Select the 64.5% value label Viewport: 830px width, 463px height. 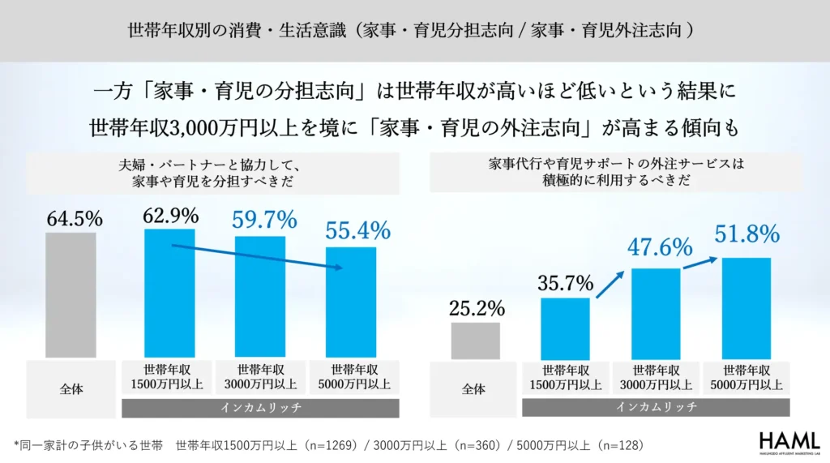pyautogui.click(x=75, y=219)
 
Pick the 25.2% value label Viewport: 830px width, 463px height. pyautogui.click(x=476, y=308)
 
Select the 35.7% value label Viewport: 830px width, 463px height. pyautogui.click(x=565, y=283)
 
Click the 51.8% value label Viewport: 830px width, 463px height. pyautogui.click(x=747, y=235)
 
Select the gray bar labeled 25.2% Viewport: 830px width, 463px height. pyautogui.click(x=475, y=340)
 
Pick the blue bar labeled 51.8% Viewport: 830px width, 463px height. pyautogui.click(x=747, y=307)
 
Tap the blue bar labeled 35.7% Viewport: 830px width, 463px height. pyautogui.click(x=565, y=328)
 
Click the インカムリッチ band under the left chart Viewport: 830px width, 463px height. pyautogui.click(x=261, y=408)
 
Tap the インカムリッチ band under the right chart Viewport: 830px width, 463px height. pyautogui.click(x=657, y=407)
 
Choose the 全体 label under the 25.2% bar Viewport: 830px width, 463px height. pyautogui.click(x=473, y=389)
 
